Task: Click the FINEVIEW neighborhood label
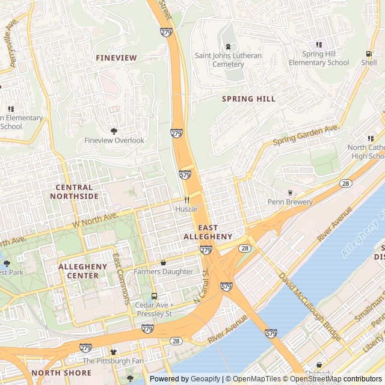pos(116,58)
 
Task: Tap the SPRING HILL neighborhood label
pos(248,99)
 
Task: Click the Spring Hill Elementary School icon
pos(319,45)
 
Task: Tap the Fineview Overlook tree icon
pos(114,131)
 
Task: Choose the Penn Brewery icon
pos(290,192)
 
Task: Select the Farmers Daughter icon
pos(163,262)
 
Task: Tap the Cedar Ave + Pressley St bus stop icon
pos(154,296)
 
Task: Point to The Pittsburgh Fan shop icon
pos(112,351)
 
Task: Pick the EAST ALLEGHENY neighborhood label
pos(208,232)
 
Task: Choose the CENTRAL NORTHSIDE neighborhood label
pos(74,192)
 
